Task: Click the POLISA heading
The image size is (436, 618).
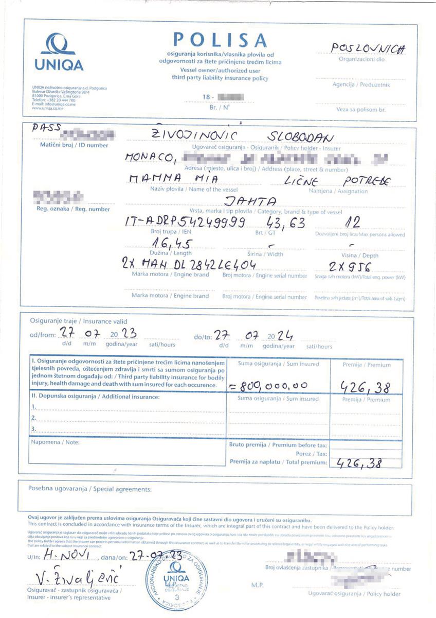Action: click(220, 40)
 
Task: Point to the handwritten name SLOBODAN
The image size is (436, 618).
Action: click(302, 138)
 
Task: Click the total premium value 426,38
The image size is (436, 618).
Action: click(359, 463)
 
